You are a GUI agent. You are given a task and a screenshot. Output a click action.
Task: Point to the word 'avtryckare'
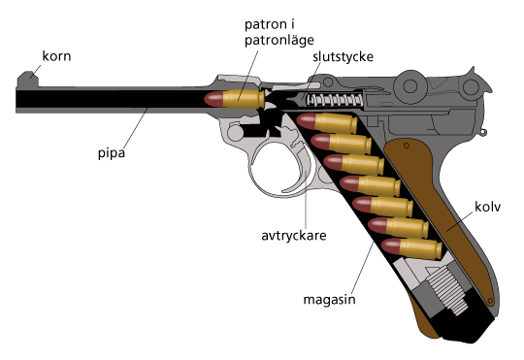[292, 235]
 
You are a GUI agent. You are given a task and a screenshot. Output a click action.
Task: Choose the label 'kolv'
[487, 207]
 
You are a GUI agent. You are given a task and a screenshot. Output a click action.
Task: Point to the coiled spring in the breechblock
[333, 99]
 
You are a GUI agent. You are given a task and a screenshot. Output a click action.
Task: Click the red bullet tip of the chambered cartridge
[213, 98]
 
